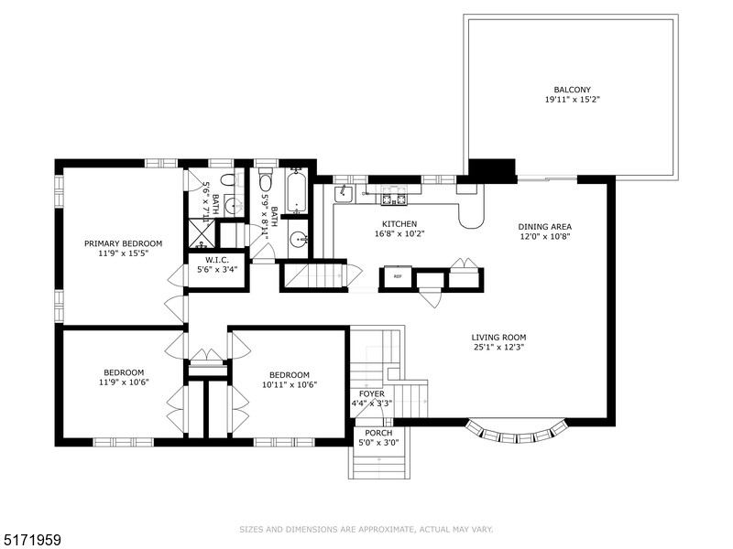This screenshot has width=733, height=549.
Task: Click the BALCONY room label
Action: click(x=573, y=90)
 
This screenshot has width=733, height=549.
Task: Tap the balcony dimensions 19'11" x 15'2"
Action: click(x=573, y=100)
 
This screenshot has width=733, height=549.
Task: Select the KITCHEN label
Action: click(x=399, y=224)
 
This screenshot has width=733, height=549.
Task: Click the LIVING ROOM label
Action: click(x=498, y=337)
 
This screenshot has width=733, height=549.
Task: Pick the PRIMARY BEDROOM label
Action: click(x=123, y=243)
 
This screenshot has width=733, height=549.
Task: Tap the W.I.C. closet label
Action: click(x=217, y=260)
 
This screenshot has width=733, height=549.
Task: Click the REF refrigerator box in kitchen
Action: click(x=398, y=276)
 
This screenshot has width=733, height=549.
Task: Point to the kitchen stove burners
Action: click(x=393, y=197)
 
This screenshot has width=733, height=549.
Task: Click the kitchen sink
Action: click(x=344, y=193)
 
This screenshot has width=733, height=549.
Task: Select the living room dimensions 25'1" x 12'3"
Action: click(x=498, y=347)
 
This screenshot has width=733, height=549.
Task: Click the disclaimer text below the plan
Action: click(x=366, y=529)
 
